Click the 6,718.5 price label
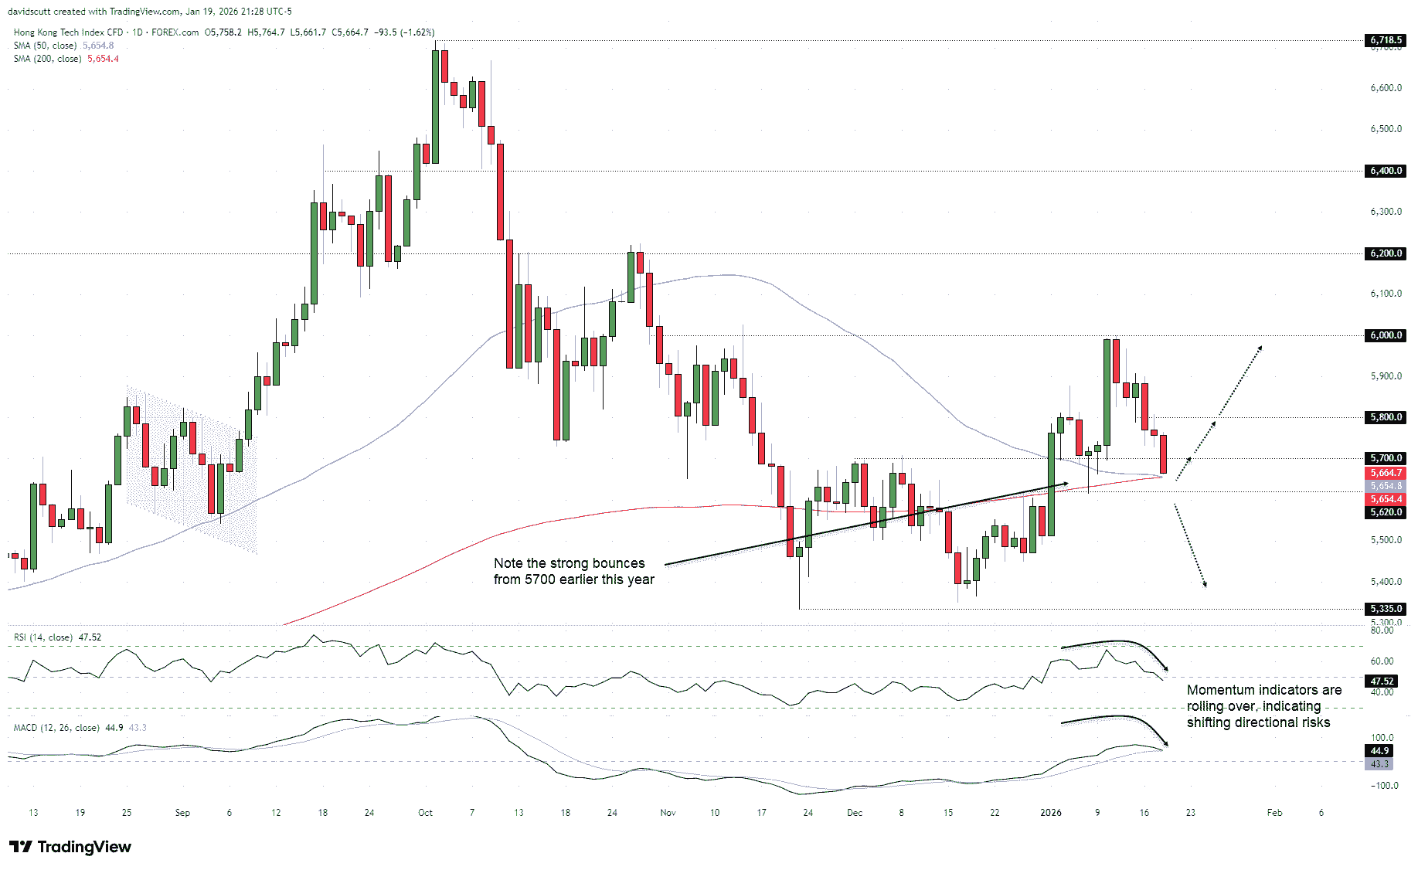1386,39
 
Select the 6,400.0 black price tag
1386,171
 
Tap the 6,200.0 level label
1386,253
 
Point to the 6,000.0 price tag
1386,335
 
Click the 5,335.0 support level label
1386,609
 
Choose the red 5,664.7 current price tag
1386,473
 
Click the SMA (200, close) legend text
47,59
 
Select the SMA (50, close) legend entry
45,46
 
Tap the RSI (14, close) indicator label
43,637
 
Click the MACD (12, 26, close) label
56,728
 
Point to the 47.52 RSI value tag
1382,681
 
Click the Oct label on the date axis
425,813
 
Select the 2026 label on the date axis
1051,813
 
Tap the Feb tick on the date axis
1274,813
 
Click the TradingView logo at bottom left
70,847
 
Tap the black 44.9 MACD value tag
1379,751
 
